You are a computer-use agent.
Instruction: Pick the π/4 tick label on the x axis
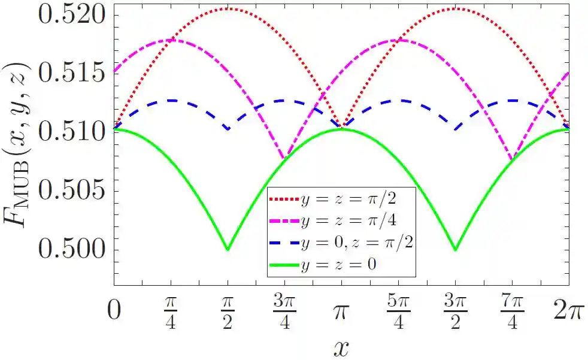coord(171,313)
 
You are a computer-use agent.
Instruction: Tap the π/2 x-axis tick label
coord(228,313)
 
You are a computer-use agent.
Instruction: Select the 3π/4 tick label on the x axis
coord(284,313)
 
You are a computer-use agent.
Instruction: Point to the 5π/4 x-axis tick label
coord(398,313)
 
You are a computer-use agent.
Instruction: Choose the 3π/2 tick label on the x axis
coord(455,313)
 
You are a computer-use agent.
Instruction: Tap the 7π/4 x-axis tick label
coord(511,313)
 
